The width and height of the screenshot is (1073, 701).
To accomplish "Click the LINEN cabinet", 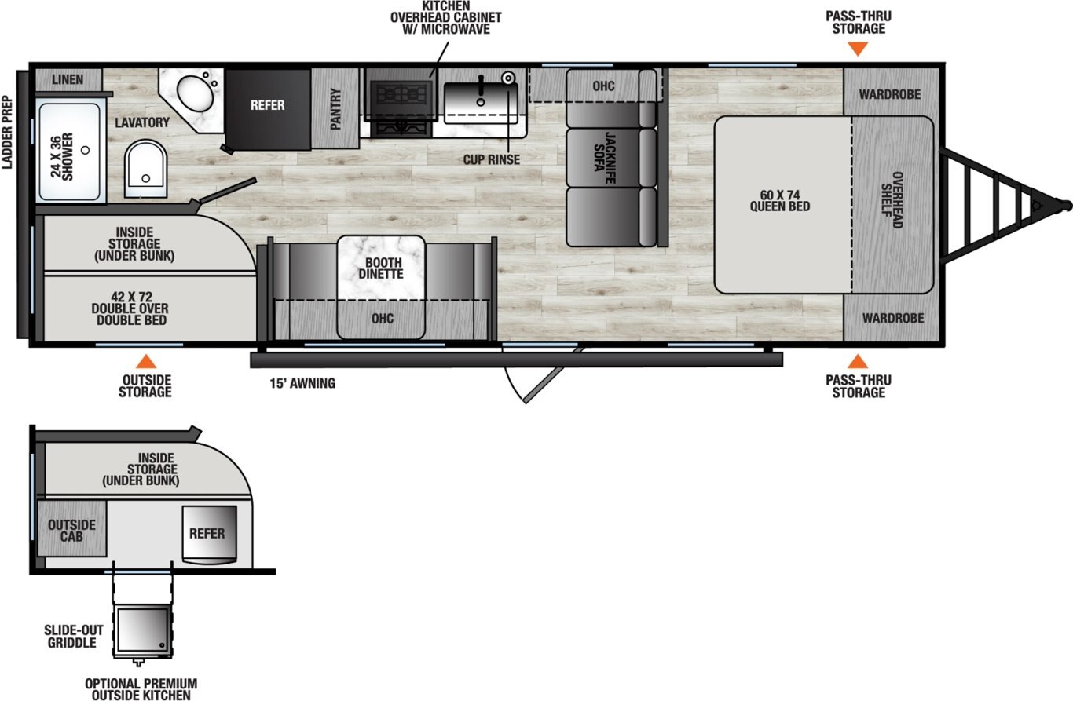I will point(68,80).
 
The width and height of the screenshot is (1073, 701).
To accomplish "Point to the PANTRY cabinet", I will point(335,108).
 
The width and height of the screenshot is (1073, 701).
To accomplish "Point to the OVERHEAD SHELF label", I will point(892,200).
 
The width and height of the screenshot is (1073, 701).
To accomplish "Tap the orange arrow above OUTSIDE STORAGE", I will point(145,362).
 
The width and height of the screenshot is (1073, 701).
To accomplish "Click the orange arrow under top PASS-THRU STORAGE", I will point(859,48).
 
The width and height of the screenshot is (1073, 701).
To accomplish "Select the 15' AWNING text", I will point(302,384).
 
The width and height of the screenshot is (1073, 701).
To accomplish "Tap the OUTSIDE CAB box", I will point(71,530).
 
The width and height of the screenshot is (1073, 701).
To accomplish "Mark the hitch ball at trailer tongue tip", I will point(1064,205).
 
